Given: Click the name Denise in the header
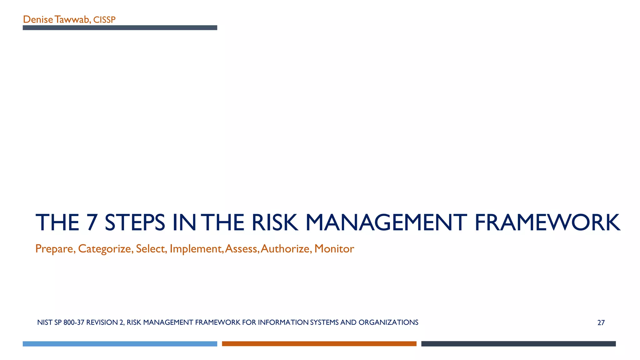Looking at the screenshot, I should pos(38,20).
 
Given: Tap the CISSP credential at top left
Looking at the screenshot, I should pos(104,20).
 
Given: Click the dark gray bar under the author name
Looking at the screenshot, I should pos(120,28).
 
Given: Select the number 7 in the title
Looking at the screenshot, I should pos(92,222).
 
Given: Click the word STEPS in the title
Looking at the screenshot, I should pos(135,222).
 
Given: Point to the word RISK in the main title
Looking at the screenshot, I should pos(274,222).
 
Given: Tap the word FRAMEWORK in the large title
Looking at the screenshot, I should pos(547,222).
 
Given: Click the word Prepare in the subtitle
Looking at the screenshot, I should pos(55,249).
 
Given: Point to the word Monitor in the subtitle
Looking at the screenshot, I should pos(334,249).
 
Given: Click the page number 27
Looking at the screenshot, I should pos(601,323).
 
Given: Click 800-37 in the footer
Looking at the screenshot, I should pos(74,322).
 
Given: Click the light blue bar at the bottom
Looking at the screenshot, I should pos(120,344).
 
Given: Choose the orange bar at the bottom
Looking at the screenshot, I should pos(319,344).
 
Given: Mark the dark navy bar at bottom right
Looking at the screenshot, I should pos(518,344).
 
